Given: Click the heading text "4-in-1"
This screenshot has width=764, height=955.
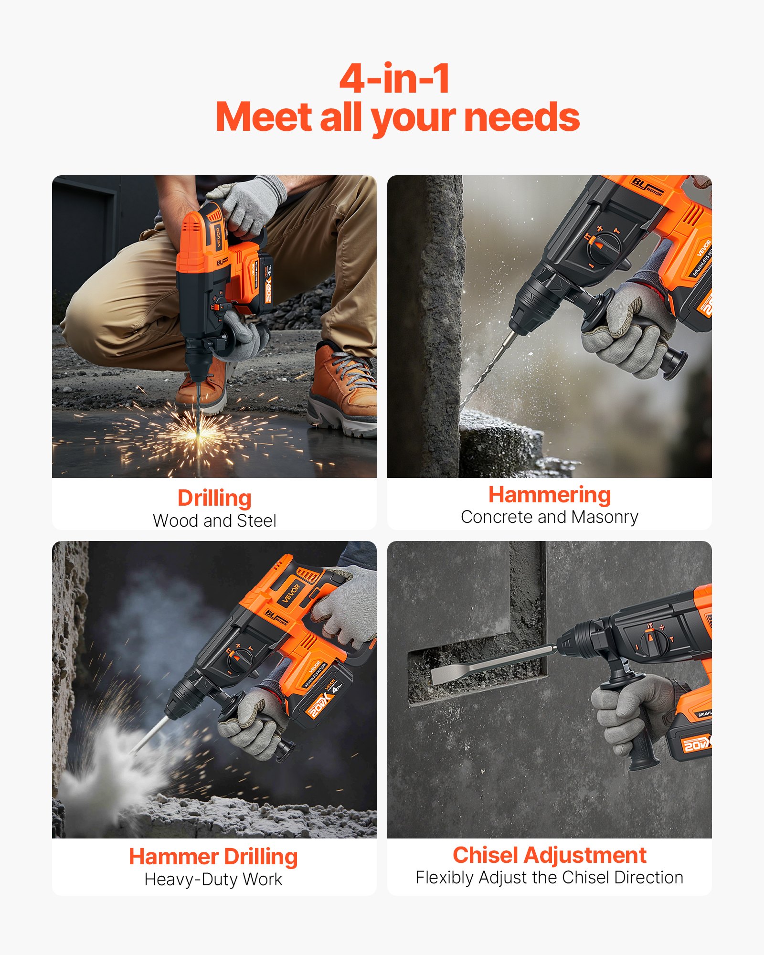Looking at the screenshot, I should tap(394, 79).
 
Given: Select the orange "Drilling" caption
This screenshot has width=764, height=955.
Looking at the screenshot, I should tap(214, 498).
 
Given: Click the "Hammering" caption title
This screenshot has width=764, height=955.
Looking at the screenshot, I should tap(549, 495).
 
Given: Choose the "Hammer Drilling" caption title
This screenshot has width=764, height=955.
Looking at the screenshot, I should tap(213, 857).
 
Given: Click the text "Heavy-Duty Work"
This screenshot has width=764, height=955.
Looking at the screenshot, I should tap(213, 880).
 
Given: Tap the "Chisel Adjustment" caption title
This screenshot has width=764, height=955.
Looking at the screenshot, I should tap(549, 855).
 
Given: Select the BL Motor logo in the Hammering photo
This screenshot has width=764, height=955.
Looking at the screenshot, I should tap(647, 186).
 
